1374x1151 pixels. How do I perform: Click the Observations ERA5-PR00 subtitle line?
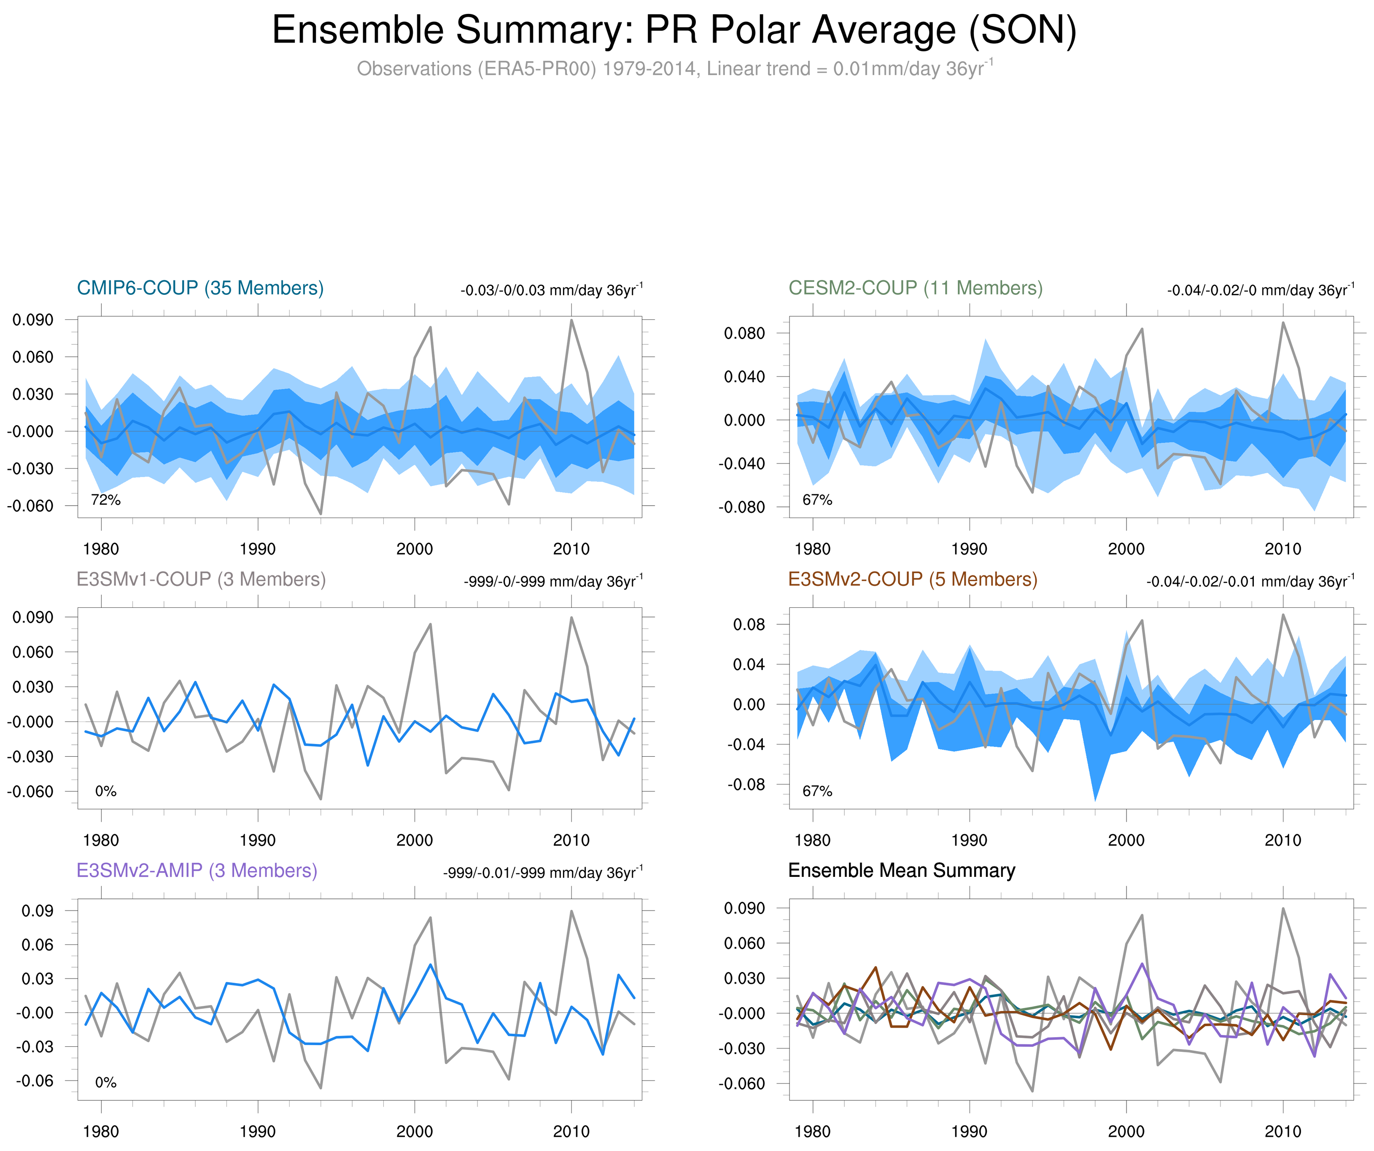[674, 69]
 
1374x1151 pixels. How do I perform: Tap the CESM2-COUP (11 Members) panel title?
[915, 288]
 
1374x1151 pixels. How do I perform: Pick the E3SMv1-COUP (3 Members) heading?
[201, 579]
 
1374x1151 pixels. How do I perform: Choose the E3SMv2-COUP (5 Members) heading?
[913, 579]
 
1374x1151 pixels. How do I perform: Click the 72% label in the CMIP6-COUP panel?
[105, 500]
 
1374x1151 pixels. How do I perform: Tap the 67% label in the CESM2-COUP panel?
[817, 500]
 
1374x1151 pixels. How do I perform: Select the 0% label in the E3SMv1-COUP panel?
[105, 791]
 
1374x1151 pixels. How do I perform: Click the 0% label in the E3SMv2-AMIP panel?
[105, 1082]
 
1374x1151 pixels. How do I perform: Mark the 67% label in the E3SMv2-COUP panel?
[817, 791]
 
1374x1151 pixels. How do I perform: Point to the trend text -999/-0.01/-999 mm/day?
[542, 872]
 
